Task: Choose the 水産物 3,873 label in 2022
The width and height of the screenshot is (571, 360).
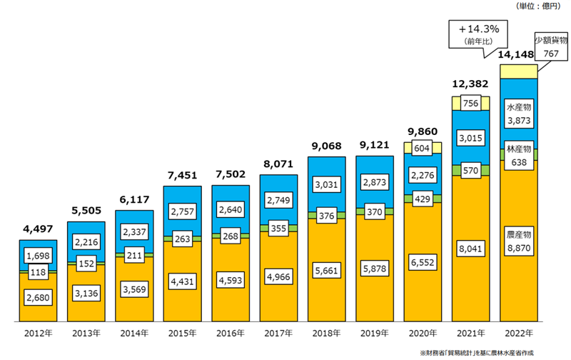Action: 519,115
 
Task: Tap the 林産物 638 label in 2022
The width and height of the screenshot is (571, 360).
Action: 519,155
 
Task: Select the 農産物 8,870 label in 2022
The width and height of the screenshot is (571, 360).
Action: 519,241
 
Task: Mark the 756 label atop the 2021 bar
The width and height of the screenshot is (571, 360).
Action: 470,103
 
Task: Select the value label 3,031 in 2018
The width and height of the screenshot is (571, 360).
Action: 325,185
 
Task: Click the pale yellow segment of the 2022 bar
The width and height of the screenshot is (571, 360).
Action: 519,71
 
